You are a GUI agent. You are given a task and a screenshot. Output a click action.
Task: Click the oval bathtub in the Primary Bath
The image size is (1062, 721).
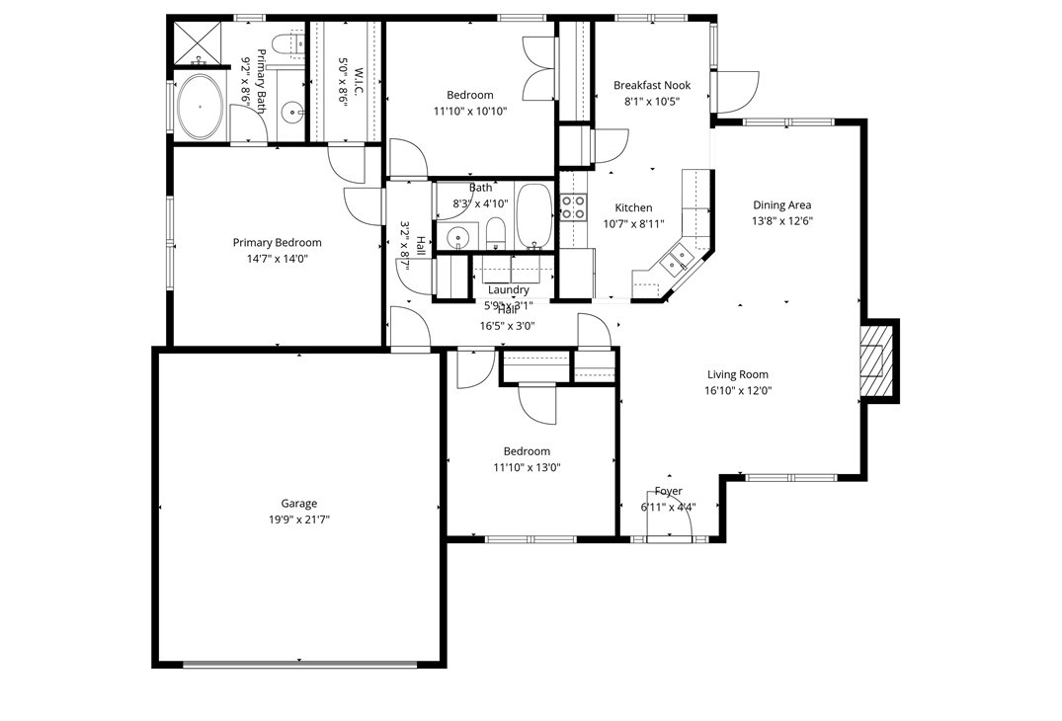point(200,106)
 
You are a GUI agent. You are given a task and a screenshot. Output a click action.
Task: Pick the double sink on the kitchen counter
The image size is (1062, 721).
point(681,262)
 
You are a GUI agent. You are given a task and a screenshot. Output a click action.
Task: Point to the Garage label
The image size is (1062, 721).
point(298,503)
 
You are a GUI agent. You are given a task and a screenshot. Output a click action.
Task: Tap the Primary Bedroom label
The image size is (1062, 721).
point(277,242)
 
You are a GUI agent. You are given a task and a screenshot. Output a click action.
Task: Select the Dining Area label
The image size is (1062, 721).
point(781,205)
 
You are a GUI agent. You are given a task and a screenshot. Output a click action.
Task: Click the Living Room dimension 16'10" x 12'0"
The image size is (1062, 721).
point(737,390)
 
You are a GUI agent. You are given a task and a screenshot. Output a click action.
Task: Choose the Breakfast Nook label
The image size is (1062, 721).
point(651,85)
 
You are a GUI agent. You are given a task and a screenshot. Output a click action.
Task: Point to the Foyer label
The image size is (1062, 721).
point(668,491)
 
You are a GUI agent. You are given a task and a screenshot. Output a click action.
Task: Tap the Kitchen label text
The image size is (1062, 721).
point(633,207)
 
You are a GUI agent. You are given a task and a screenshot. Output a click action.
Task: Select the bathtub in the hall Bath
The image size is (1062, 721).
point(534,214)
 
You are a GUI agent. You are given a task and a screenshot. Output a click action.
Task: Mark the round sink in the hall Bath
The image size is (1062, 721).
point(457,237)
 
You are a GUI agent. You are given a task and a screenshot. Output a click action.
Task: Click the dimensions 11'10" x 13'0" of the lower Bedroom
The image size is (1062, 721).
point(527,467)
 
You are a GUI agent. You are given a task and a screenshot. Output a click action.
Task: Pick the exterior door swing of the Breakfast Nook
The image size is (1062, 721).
point(735,92)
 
